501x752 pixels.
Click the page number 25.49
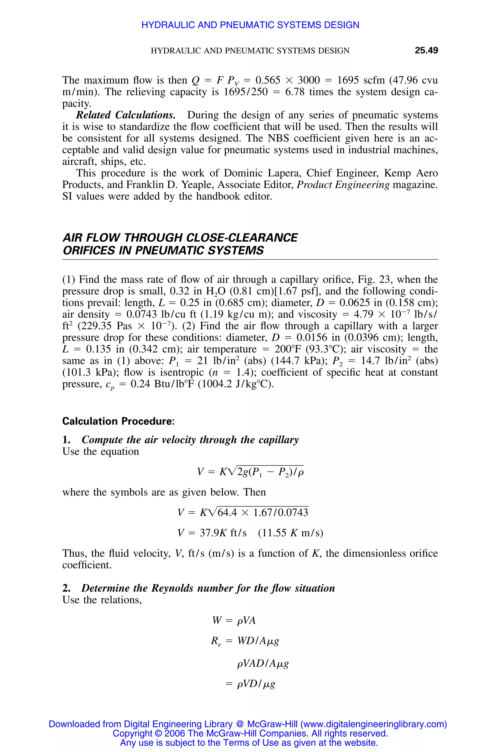(x=426, y=50)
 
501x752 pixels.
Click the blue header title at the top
(x=250, y=25)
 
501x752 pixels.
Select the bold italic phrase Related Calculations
(x=125, y=115)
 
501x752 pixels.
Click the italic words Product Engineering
(x=343, y=185)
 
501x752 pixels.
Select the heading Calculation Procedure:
(x=118, y=421)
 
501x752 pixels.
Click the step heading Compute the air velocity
(x=190, y=440)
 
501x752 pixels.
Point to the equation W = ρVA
(x=234, y=621)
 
